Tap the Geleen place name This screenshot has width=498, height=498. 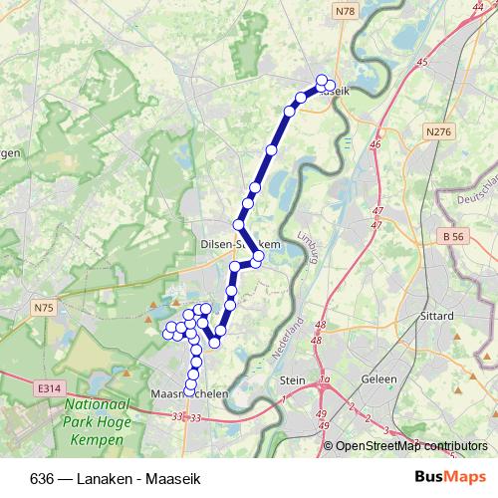tap(379, 379)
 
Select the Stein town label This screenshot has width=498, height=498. tap(293, 379)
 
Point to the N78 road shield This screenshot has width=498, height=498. tap(345, 11)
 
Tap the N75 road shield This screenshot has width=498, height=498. tap(43, 309)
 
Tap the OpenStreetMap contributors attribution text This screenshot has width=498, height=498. tap(411, 445)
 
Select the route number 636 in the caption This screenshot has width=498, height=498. tap(41, 478)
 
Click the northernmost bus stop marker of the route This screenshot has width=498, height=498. tap(321, 81)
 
